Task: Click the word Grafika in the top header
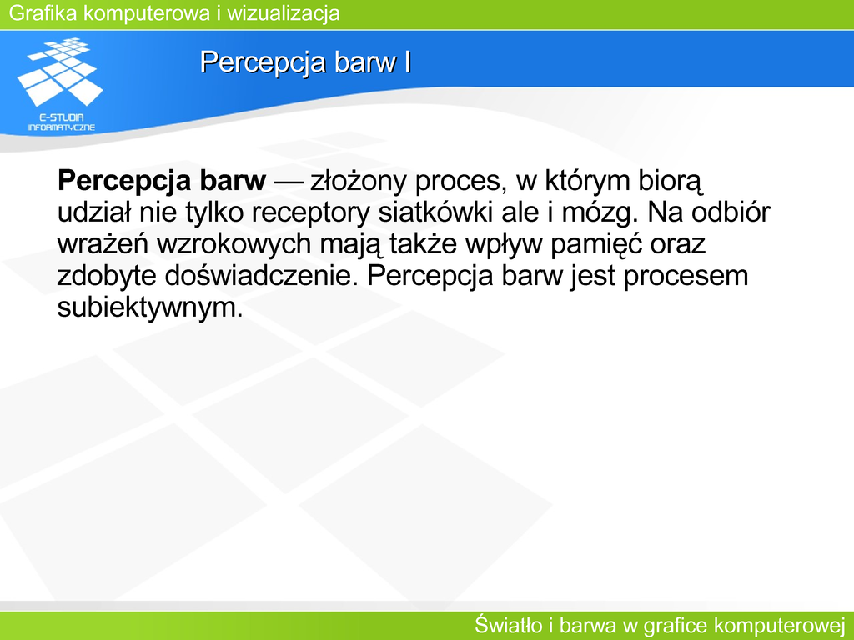(x=43, y=13)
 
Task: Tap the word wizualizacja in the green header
(x=284, y=13)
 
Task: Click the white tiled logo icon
(x=60, y=72)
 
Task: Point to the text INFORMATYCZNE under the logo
(x=62, y=127)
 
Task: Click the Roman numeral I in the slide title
(x=407, y=62)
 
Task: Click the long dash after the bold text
(x=288, y=182)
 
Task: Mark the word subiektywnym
(x=150, y=308)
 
